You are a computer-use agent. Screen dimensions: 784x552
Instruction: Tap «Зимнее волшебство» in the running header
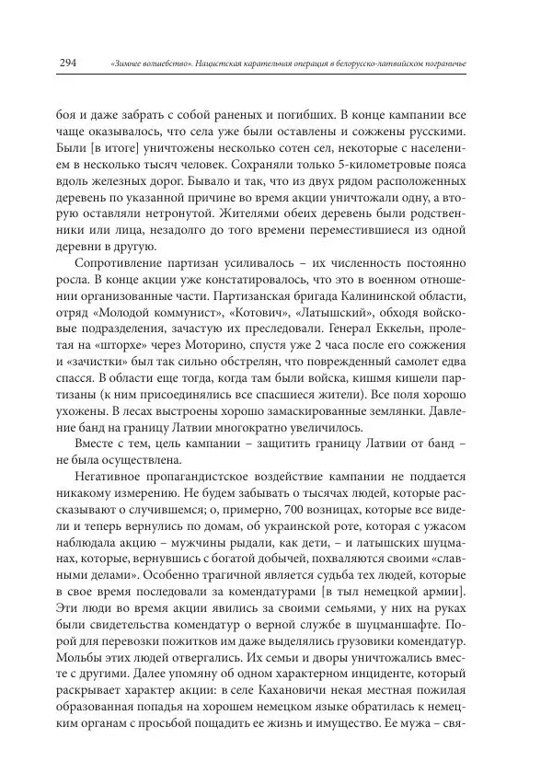(x=146, y=63)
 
